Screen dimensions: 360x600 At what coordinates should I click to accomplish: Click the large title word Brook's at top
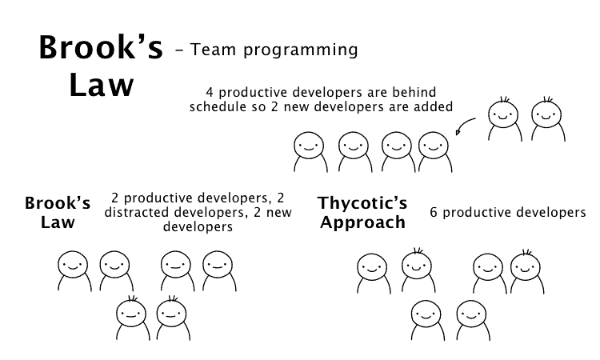coord(101,49)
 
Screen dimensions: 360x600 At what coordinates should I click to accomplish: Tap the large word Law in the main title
coord(100,86)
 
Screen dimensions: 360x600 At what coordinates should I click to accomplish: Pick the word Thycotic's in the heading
coord(362,203)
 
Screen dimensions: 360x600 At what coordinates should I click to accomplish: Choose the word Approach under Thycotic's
coord(362,222)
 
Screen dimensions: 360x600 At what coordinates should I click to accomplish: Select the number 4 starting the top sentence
coord(210,91)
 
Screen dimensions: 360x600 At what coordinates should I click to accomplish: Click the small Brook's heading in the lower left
coord(58,203)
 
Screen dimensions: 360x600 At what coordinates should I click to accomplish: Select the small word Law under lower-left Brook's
coord(58,222)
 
